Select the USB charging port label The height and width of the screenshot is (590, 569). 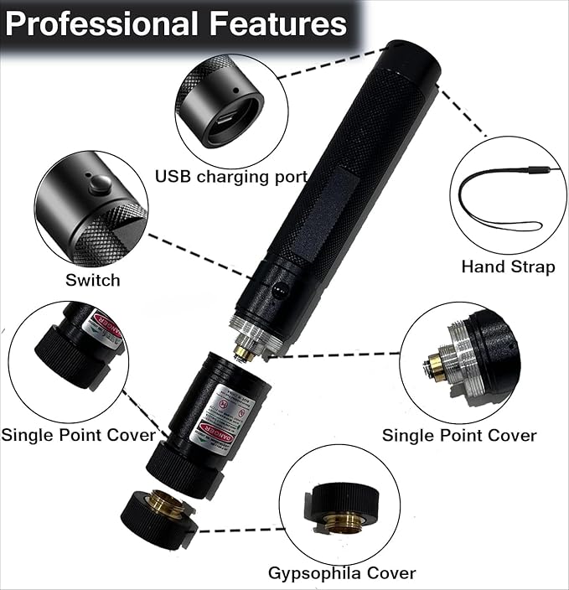[231, 177]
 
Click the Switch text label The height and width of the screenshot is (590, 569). [92, 280]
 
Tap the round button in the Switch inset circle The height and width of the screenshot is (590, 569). [101, 185]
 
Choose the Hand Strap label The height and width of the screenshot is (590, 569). [508, 267]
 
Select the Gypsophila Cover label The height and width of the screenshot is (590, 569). [341, 574]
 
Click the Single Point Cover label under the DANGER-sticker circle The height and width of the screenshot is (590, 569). [78, 435]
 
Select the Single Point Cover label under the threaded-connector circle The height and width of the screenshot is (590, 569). [459, 435]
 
